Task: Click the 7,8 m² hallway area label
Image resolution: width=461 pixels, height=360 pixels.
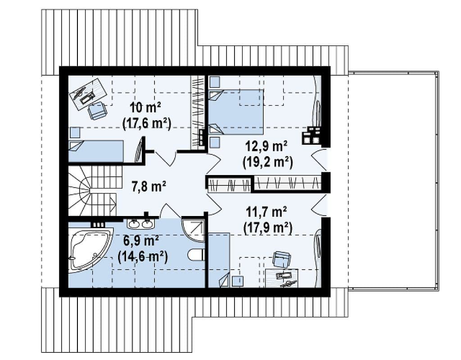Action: [149, 187]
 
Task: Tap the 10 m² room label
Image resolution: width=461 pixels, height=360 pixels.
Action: [145, 108]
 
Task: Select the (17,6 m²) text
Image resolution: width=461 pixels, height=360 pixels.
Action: [147, 123]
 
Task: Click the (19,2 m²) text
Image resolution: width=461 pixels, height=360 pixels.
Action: [268, 162]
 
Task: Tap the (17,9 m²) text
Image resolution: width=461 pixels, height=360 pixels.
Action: [268, 228]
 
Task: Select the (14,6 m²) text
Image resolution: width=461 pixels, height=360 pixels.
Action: [143, 257]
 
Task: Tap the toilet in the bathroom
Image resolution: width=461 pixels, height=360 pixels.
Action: [196, 255]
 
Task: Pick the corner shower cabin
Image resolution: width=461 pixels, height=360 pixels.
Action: [193, 230]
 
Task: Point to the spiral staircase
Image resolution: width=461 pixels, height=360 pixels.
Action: [93, 190]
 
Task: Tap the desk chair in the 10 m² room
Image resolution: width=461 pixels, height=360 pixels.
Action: [98, 111]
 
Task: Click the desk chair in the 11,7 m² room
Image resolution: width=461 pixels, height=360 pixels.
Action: [282, 259]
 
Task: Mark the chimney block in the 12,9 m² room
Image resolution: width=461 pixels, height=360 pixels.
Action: [312, 135]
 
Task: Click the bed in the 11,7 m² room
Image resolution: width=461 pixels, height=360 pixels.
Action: [219, 260]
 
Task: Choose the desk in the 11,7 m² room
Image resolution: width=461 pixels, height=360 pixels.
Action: [282, 279]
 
